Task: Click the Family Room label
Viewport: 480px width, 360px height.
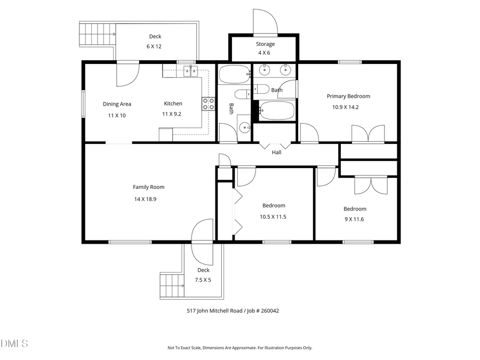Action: [148, 187]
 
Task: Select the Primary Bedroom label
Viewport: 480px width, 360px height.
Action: [348, 97]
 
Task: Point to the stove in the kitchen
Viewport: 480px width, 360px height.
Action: [207, 103]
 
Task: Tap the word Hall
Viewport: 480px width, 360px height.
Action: [276, 153]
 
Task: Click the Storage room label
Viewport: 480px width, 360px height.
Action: [265, 44]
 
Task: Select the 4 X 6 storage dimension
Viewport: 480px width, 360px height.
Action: [265, 53]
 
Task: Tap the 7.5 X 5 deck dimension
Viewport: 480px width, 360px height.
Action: [203, 279]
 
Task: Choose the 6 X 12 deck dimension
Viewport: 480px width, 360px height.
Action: [154, 46]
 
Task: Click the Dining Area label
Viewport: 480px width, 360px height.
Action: [117, 105]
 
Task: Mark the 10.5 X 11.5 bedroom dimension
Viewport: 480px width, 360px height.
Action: [273, 217]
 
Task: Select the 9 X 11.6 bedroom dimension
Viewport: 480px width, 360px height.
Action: [355, 219]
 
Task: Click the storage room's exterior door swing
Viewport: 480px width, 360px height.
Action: [265, 21]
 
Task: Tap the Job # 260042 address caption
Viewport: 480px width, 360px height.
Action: [228, 310]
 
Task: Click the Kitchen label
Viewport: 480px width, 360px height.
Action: [173, 104]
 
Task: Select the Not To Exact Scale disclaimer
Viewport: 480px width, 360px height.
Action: [239, 348]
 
